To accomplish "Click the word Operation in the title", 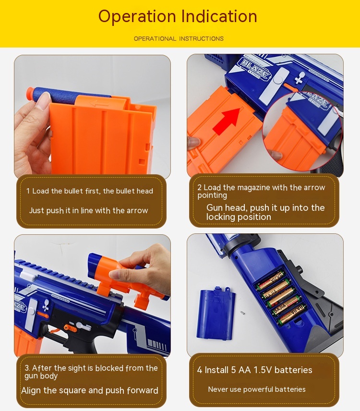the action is click(137, 16).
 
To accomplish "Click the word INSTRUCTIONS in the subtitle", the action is click(201, 39).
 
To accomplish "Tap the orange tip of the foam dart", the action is click(31, 93).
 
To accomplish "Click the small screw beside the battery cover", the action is click(242, 313).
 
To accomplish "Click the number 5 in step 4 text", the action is click(233, 370).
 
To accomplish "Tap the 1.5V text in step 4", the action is click(263, 370).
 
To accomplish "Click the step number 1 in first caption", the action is click(28, 191).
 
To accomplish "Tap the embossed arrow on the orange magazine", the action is click(98, 104).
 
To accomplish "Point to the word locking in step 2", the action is click(219, 217).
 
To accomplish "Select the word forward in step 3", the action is click(143, 390).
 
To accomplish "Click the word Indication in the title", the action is click(219, 16).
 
